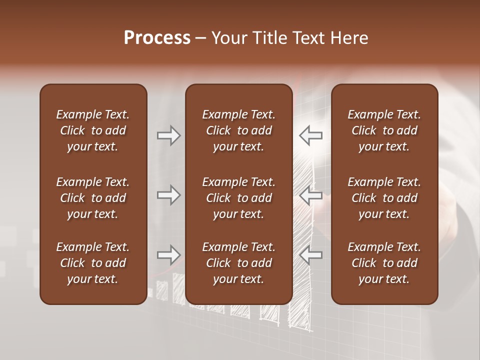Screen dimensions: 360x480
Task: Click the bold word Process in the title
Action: pyautogui.click(x=157, y=38)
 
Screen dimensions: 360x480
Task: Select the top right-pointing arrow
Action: pyautogui.click(x=168, y=135)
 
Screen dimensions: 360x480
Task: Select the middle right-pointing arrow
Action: pyautogui.click(x=168, y=195)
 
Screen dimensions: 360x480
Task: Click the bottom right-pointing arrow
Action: pyautogui.click(x=168, y=255)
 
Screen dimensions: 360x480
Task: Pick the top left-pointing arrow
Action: pyautogui.click(x=311, y=135)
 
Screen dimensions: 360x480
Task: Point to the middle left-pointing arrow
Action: pyautogui.click(x=311, y=195)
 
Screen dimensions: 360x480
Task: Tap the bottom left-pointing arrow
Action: pyautogui.click(x=311, y=255)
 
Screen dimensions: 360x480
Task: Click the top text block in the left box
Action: pyautogui.click(x=93, y=130)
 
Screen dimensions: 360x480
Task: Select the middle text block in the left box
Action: pyautogui.click(x=93, y=198)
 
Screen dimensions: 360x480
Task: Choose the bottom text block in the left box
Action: pyautogui.click(x=93, y=263)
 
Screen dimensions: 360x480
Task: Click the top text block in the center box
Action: pyautogui.click(x=238, y=130)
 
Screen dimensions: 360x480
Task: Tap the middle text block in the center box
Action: pyautogui.click(x=238, y=198)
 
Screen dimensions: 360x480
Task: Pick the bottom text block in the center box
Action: pyautogui.click(x=238, y=263)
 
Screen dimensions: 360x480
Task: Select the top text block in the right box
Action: pyautogui.click(x=384, y=130)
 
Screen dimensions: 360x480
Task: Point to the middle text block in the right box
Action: pyautogui.click(x=384, y=198)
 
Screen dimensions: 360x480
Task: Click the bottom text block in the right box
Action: pyautogui.click(x=384, y=263)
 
